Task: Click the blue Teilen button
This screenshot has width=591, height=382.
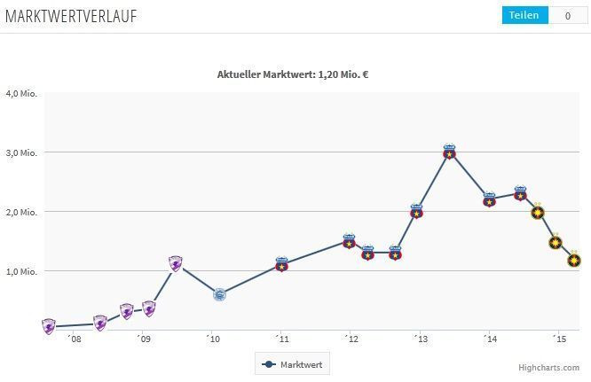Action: pyautogui.click(x=524, y=15)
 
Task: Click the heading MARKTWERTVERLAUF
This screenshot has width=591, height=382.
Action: pyautogui.click(x=71, y=16)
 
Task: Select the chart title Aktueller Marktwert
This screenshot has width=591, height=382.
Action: pyautogui.click(x=293, y=74)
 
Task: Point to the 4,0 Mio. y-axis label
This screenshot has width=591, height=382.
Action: pyautogui.click(x=20, y=93)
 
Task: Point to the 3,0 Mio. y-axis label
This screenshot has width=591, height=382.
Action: pyautogui.click(x=20, y=152)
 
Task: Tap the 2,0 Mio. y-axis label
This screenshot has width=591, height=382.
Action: pyautogui.click(x=20, y=212)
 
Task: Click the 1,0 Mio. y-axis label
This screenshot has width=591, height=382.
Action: pyautogui.click(x=20, y=271)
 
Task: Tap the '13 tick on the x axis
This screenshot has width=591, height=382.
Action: pyautogui.click(x=420, y=339)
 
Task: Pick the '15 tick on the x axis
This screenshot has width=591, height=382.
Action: pyautogui.click(x=558, y=339)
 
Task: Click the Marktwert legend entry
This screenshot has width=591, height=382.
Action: pyautogui.click(x=292, y=363)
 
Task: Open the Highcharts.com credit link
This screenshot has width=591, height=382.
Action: pyautogui.click(x=549, y=367)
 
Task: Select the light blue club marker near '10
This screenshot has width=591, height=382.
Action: pyautogui.click(x=219, y=294)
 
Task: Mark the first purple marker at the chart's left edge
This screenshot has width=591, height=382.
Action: pyautogui.click(x=49, y=326)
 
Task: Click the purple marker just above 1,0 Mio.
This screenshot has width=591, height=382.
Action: pyautogui.click(x=176, y=263)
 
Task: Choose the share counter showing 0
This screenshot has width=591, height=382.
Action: pyautogui.click(x=567, y=15)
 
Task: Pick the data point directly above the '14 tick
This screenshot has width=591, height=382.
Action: pyautogui.click(x=489, y=200)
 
